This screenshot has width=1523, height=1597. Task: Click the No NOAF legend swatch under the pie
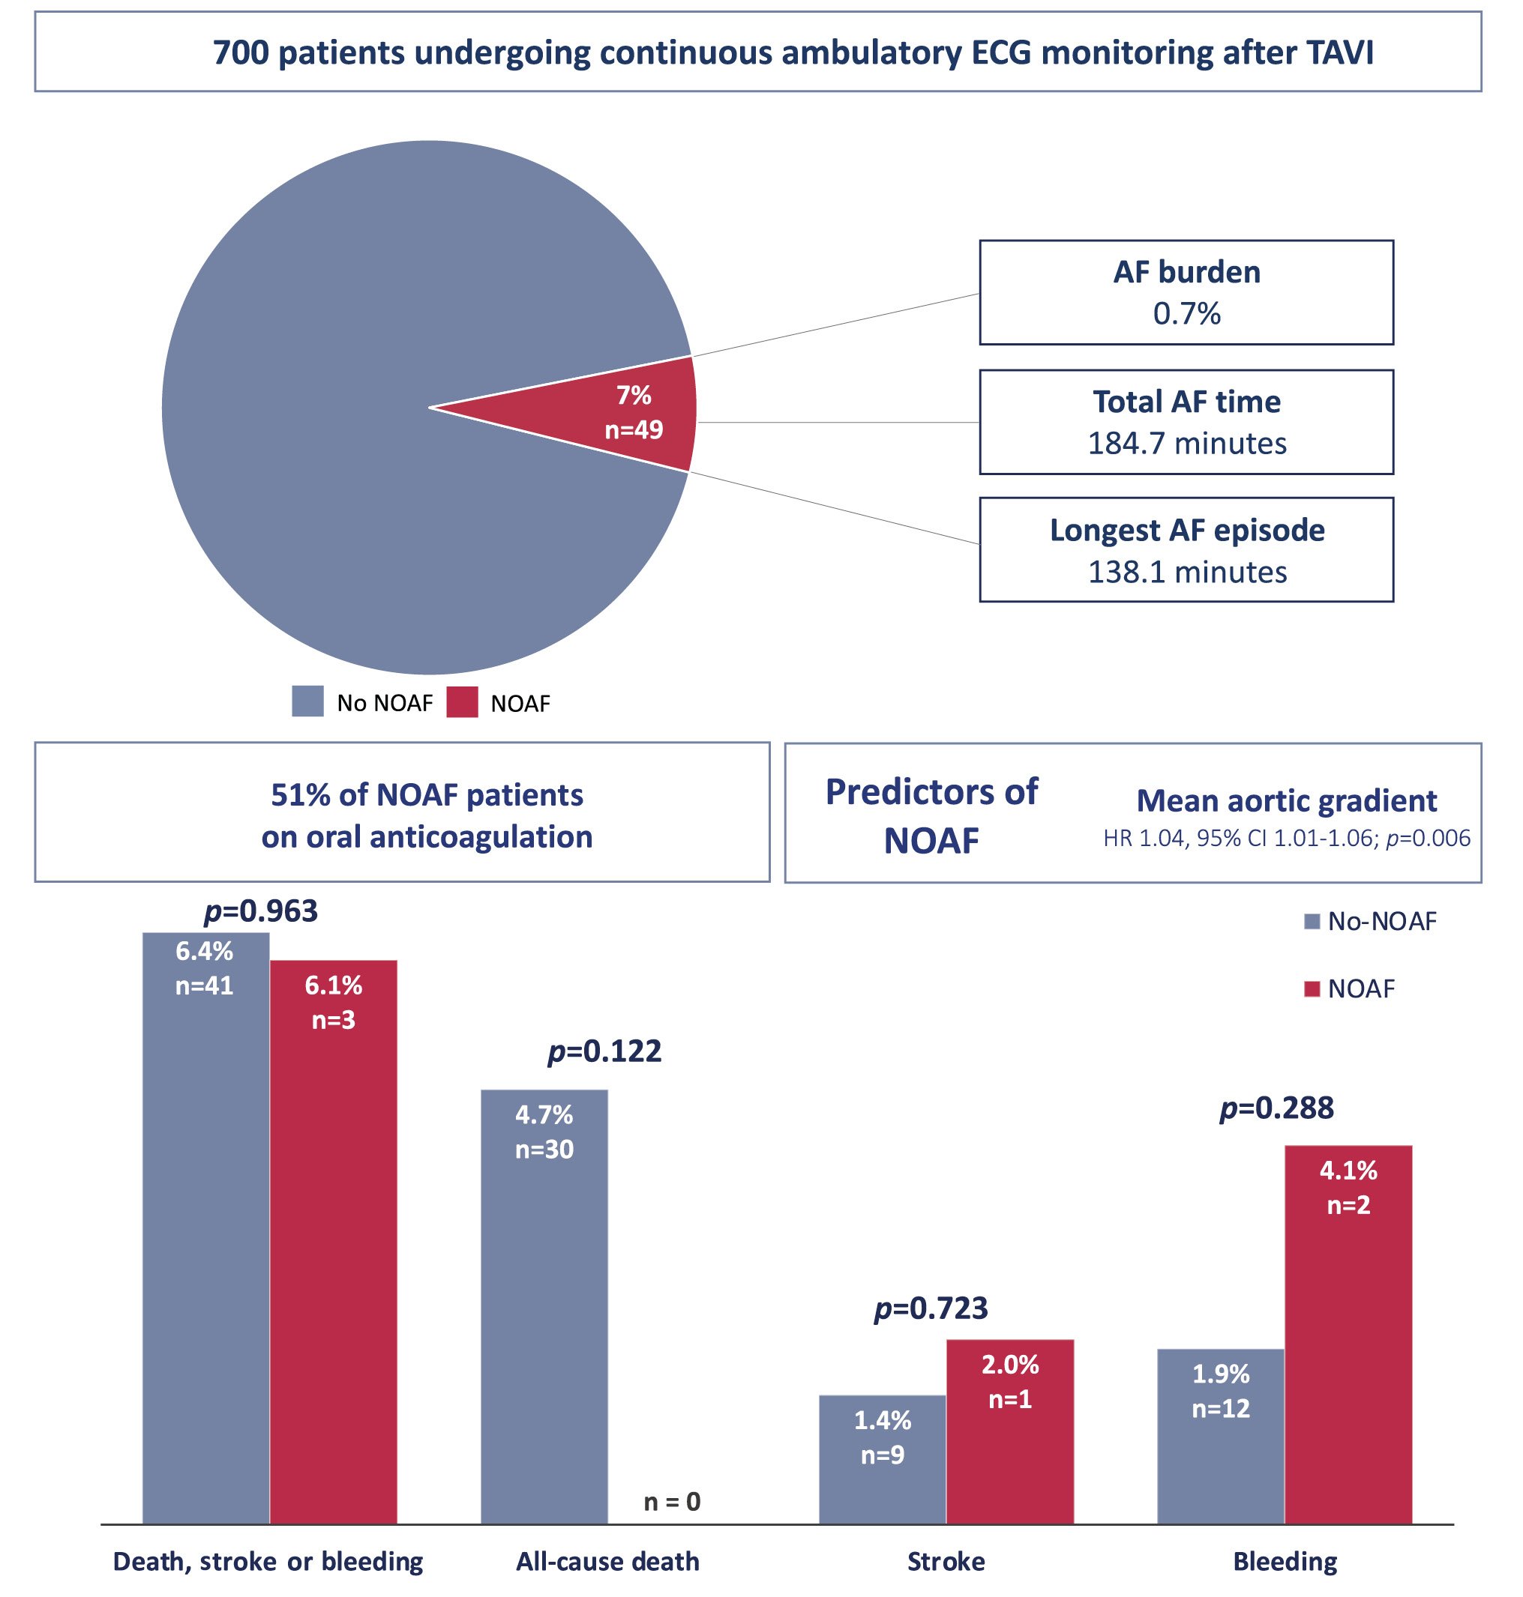point(307,701)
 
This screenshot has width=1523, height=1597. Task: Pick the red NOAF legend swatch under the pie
point(462,701)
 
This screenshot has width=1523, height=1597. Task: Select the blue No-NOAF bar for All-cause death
point(544,1314)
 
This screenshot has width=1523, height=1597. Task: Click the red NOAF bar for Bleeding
point(1348,1339)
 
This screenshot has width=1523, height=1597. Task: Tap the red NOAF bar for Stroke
point(1009,1437)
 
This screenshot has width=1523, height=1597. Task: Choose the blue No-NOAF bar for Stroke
point(882,1461)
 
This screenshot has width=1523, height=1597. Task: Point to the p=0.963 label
point(261,911)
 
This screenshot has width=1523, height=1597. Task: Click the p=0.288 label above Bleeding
point(1276,1108)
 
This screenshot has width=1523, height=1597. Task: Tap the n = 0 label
point(671,1501)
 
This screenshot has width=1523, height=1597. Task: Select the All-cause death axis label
point(607,1560)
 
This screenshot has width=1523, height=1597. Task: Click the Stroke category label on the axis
point(946,1560)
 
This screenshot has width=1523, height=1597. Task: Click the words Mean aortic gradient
point(1286,800)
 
